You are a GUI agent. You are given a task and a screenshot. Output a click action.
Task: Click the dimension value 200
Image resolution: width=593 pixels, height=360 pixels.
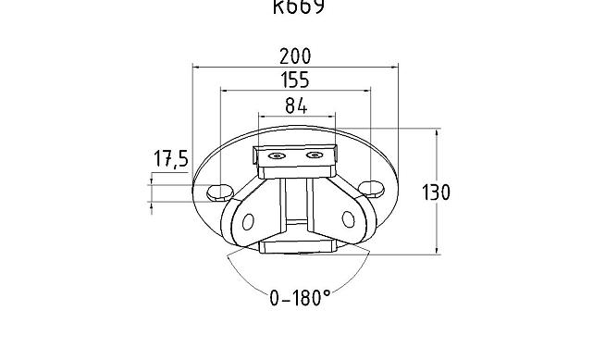tap(295, 56)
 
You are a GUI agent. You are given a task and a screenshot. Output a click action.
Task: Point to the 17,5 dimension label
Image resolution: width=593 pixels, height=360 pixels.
tap(170, 160)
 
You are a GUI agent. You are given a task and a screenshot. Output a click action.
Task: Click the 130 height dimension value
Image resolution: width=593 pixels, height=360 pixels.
tap(436, 192)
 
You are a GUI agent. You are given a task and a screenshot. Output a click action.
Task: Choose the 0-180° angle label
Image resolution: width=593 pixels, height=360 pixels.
tap(300, 298)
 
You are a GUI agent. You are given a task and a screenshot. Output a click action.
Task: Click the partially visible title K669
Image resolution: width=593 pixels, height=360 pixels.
tap(299, 8)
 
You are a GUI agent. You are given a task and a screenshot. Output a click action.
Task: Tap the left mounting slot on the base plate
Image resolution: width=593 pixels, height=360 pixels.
tap(220, 191)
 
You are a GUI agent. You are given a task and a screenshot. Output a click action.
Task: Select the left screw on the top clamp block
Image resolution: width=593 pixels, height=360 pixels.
tap(275, 156)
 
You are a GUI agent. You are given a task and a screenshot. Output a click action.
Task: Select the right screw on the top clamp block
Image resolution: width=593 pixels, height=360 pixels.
tap(315, 155)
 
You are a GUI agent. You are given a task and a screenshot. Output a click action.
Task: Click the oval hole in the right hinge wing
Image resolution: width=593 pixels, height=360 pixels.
tap(348, 219)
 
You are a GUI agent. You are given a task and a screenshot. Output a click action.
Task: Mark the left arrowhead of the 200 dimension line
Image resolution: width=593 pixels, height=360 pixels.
tap(196, 67)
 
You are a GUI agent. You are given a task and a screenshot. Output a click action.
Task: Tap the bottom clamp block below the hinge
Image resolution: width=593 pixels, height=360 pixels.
tap(295, 246)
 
